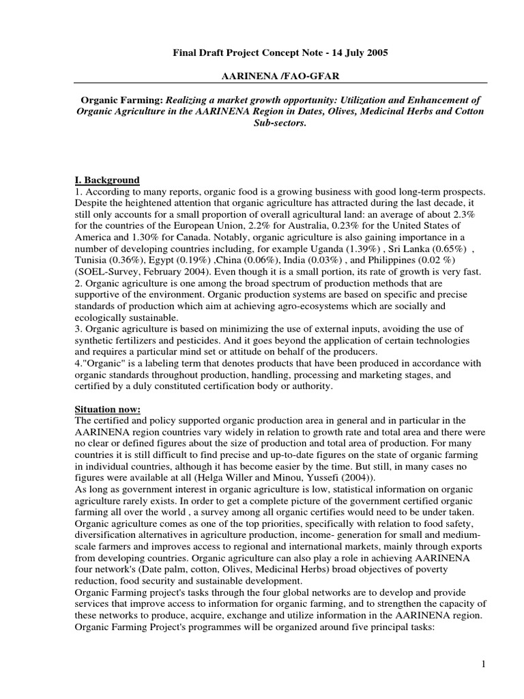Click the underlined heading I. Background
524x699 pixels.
click(x=107, y=180)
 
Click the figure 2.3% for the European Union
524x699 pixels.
click(x=469, y=214)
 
